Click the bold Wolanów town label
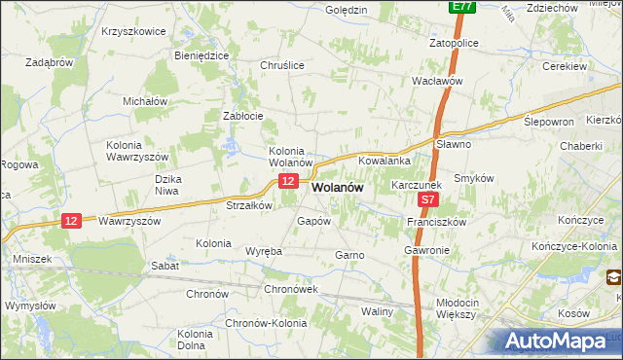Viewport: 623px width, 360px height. (x=337, y=189)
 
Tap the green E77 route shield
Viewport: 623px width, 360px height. (x=462, y=7)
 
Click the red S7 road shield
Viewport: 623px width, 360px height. (x=429, y=200)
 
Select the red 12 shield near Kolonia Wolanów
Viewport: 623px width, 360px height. (x=287, y=182)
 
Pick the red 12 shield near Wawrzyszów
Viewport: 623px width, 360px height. (x=69, y=221)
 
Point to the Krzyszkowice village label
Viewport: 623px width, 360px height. (x=133, y=31)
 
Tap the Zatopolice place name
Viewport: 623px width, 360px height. (x=458, y=44)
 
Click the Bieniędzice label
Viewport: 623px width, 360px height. (x=202, y=55)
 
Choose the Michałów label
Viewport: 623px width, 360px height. (x=146, y=101)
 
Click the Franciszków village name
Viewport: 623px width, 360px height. (x=437, y=222)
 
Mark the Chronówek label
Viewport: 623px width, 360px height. (x=292, y=290)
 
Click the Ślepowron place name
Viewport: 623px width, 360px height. (x=550, y=123)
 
